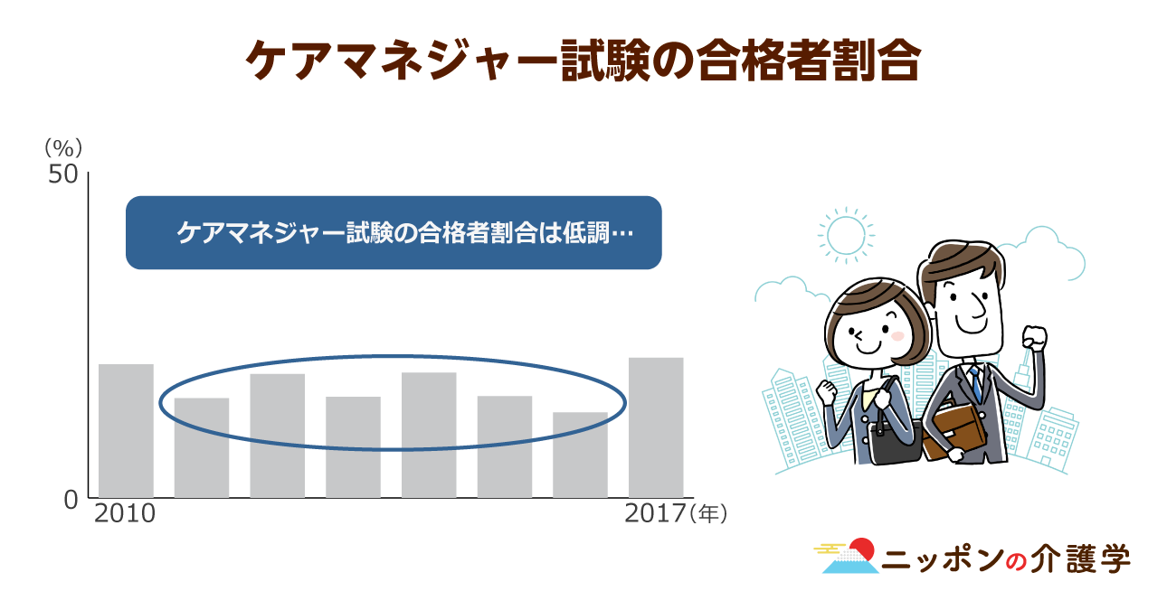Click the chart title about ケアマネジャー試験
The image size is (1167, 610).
click(x=583, y=61)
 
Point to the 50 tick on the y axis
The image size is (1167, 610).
click(x=63, y=174)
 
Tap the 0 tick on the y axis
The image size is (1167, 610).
click(x=71, y=500)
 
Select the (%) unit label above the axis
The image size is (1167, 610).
click(x=63, y=148)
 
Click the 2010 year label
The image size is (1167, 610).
click(x=125, y=513)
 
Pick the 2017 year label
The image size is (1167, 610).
click(x=655, y=513)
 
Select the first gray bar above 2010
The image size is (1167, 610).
click(x=126, y=431)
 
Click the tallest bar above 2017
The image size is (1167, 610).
click(x=656, y=427)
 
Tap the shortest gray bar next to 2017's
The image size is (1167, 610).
click(x=581, y=455)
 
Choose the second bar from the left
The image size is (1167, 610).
click(x=202, y=447)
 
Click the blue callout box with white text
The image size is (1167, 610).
click(x=394, y=232)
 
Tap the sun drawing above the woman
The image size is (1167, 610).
click(x=846, y=235)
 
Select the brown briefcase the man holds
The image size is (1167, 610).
click(x=955, y=432)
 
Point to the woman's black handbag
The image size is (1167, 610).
click(x=895, y=443)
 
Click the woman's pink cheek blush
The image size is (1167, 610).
click(x=897, y=336)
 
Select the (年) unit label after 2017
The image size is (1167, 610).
click(x=708, y=513)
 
